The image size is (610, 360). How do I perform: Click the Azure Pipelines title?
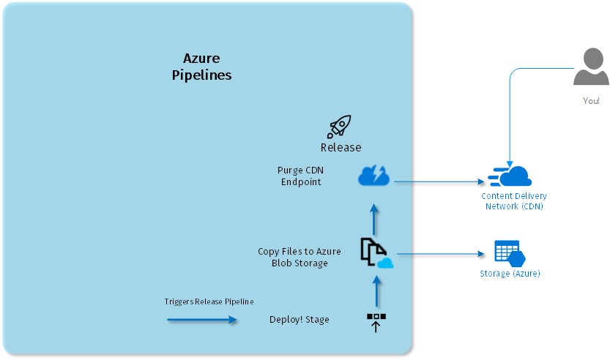201,67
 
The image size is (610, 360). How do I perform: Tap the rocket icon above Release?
339,126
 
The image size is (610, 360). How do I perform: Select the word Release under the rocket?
341,147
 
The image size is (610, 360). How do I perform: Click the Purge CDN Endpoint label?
300,176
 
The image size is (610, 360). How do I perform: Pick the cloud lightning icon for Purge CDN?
373,176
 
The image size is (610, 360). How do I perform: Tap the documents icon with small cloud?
376,254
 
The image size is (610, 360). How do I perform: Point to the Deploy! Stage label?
299,319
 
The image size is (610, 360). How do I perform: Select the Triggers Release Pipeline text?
209,301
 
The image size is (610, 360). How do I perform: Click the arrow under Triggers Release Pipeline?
202,320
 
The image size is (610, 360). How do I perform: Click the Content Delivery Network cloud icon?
510,176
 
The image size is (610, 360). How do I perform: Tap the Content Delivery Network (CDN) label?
514,201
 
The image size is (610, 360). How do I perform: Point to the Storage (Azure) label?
510,274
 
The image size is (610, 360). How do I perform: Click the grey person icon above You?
591,67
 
